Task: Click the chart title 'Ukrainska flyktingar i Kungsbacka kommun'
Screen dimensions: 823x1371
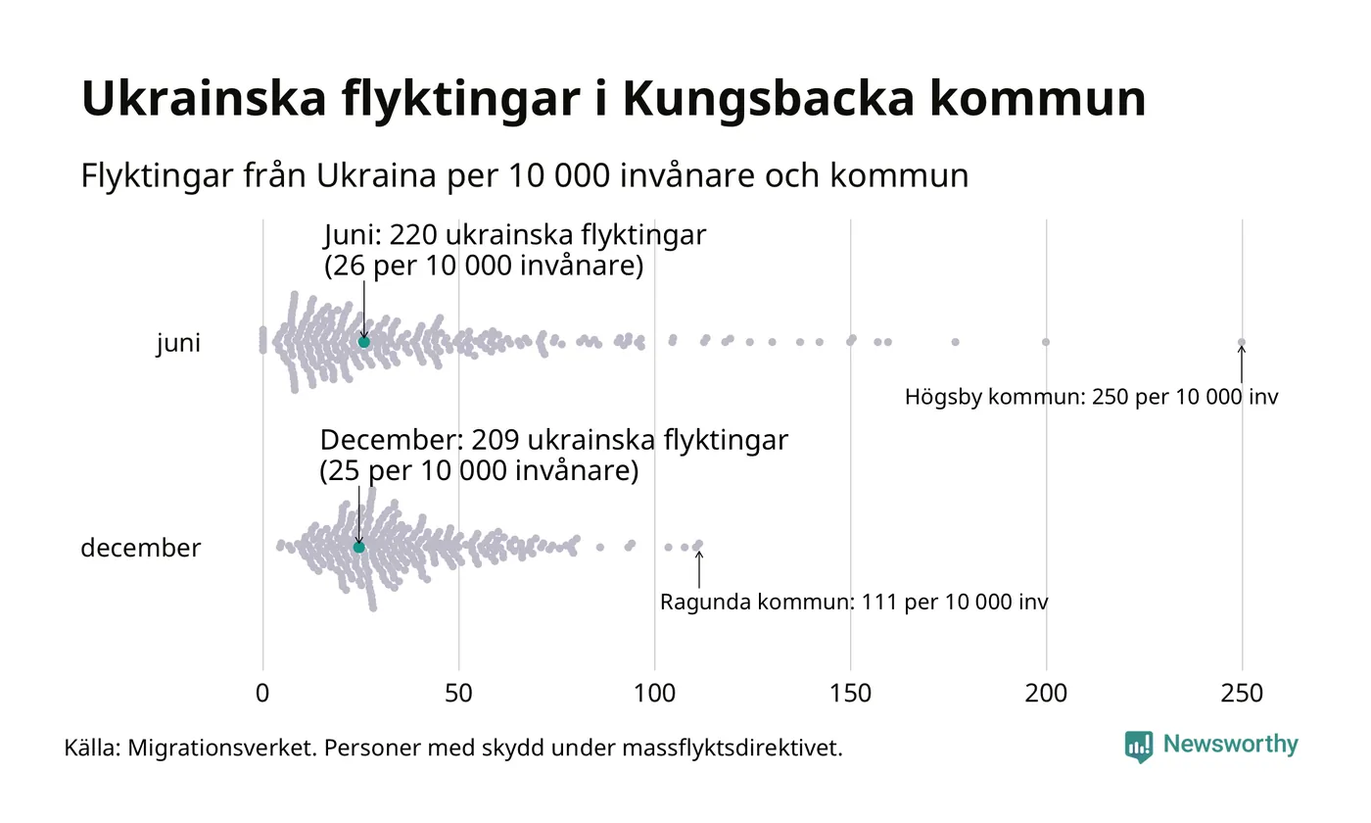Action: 613,98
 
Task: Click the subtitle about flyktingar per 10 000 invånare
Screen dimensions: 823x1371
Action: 525,176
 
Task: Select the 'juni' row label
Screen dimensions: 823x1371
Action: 178,343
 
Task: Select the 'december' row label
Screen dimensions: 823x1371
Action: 140,548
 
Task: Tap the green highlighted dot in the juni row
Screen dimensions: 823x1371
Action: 364,342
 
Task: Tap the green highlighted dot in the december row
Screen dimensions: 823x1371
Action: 358,547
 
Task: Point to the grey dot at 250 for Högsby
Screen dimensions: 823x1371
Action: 1242,342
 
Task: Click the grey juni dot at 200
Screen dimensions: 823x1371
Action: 1046,342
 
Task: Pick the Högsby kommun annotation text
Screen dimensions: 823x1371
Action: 1091,398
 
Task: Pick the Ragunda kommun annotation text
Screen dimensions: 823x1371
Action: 854,602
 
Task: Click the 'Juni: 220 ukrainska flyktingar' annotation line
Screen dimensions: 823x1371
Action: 514,236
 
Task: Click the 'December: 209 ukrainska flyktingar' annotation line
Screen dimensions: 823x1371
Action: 553,441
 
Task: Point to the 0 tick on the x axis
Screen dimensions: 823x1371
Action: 262,694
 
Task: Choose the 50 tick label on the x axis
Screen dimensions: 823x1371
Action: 458,694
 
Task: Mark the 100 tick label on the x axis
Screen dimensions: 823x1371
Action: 654,694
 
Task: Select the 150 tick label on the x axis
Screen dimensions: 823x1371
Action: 850,694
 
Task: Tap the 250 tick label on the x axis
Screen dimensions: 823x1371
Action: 1242,694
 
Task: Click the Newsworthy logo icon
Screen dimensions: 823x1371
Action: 1139,747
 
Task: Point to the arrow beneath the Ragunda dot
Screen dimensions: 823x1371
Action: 698,568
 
